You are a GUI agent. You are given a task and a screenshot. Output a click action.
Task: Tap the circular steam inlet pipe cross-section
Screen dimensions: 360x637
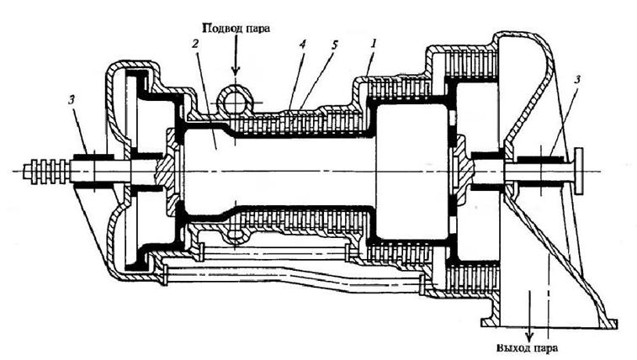(x=234, y=101)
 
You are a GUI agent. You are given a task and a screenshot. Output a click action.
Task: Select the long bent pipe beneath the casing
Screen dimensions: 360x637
(x=295, y=278)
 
